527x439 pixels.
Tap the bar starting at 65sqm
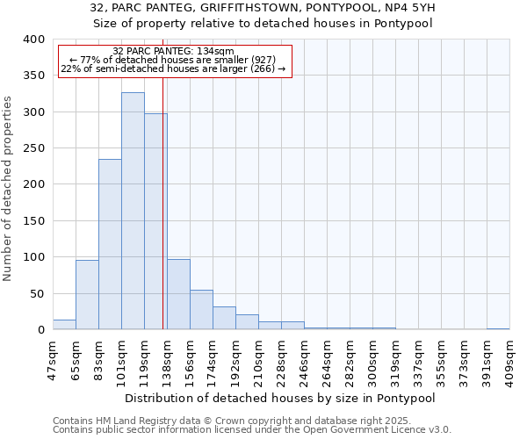click(x=87, y=295)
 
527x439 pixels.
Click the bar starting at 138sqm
click(x=178, y=294)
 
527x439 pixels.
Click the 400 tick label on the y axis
click(x=33, y=40)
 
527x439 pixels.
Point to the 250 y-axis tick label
click(x=33, y=148)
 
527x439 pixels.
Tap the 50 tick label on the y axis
click(x=37, y=293)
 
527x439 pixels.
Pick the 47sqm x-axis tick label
click(x=54, y=356)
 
